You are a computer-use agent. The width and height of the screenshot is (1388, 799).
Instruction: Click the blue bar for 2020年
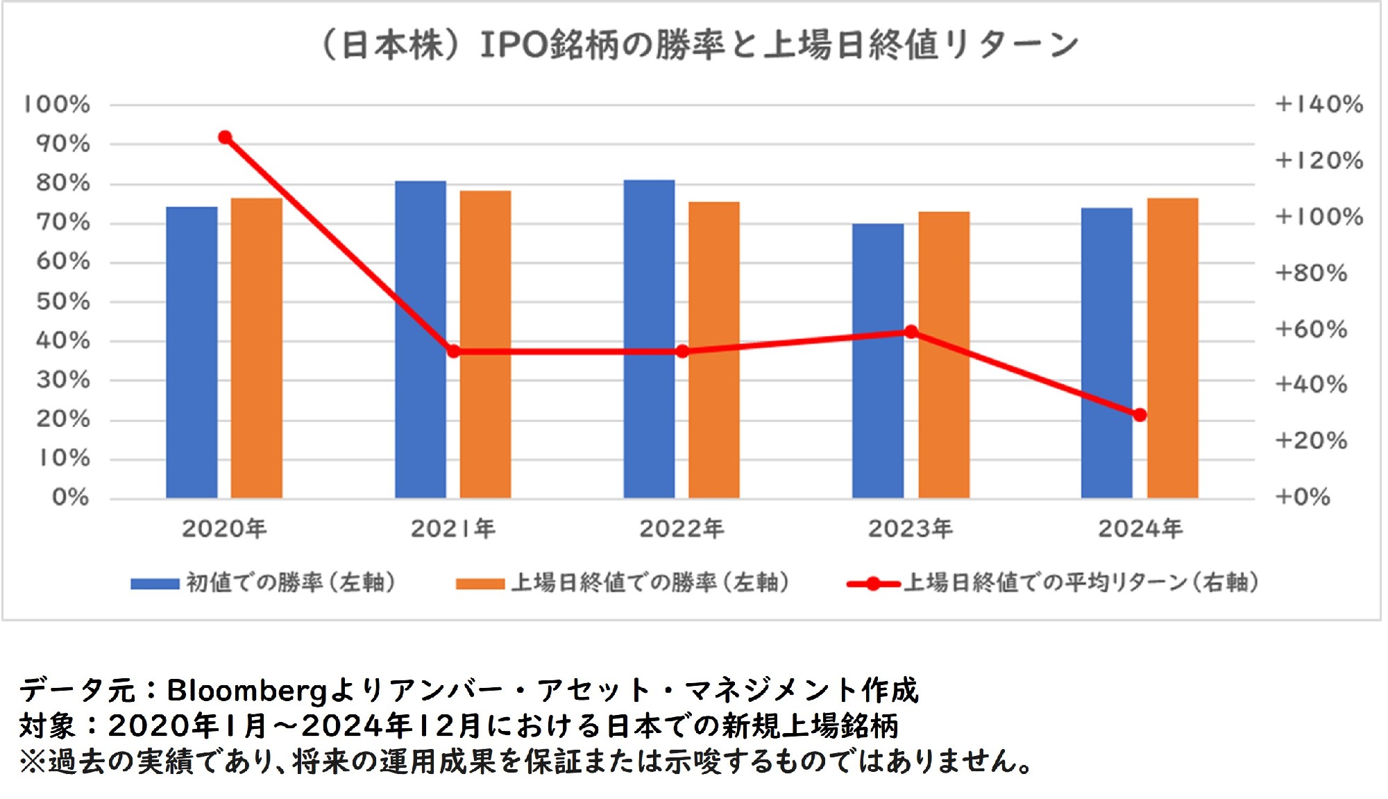tap(192, 352)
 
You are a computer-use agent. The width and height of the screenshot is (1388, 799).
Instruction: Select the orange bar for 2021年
tap(485, 344)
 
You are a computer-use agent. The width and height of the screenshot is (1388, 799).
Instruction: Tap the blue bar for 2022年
tap(649, 339)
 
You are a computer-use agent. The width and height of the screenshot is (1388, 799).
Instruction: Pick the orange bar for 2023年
tap(944, 354)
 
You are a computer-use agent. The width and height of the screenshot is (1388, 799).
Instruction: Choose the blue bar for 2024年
tap(1106, 353)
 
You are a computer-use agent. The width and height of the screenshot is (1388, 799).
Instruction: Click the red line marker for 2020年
tap(225, 137)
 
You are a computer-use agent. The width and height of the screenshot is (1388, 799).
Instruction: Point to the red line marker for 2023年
tap(911, 332)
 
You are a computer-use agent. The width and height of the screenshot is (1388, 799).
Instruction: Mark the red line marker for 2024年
tap(1140, 415)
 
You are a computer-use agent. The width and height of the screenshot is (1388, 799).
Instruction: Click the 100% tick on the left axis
tap(57, 105)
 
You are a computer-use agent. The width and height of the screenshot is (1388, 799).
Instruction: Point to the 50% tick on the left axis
tap(63, 301)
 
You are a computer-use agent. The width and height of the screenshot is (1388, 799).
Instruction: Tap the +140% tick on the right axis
tap(1319, 105)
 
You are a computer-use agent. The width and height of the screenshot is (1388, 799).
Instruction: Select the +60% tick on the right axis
tap(1310, 329)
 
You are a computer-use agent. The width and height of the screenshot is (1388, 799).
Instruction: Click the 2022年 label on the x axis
tap(682, 529)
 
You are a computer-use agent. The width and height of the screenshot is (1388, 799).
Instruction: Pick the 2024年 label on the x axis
tap(1140, 529)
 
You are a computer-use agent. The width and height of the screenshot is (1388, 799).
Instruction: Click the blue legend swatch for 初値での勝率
tap(155, 584)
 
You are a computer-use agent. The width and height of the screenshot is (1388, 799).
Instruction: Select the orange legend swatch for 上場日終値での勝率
tap(480, 584)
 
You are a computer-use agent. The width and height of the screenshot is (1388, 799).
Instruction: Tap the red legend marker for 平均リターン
tap(874, 584)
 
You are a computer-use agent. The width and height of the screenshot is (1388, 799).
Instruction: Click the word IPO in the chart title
tap(514, 46)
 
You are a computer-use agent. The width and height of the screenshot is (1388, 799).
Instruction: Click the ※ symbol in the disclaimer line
tap(32, 762)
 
